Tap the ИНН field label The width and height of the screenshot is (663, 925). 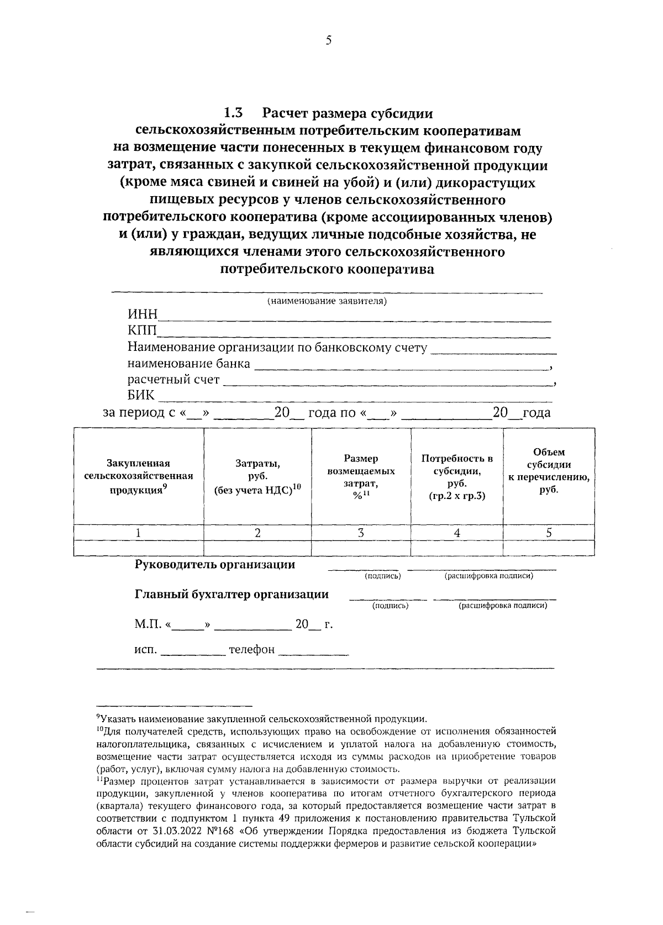(x=143, y=314)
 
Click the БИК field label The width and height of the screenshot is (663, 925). (x=141, y=396)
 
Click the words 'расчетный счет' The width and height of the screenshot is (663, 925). (x=173, y=380)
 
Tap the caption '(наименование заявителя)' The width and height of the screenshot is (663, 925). (x=327, y=301)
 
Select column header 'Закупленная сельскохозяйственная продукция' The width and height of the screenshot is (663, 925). (x=139, y=476)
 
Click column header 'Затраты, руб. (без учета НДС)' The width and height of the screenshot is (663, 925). (x=257, y=476)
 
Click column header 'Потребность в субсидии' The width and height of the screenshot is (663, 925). (x=457, y=476)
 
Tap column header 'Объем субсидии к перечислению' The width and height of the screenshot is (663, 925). (x=549, y=471)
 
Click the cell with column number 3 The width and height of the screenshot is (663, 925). (x=361, y=533)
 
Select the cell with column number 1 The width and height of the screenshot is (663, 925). (x=138, y=533)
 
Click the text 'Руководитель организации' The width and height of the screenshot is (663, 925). (x=215, y=565)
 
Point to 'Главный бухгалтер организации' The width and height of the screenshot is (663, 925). (x=231, y=595)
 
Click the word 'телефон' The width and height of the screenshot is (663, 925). (x=252, y=650)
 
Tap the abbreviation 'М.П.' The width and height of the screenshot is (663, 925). (x=148, y=624)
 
